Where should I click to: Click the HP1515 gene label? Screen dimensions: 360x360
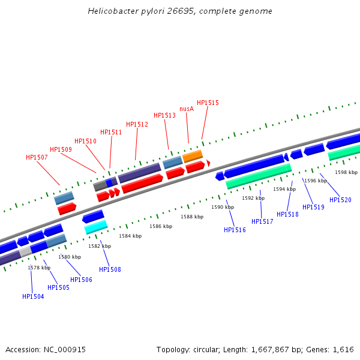208,103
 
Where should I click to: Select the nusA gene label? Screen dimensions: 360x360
187,109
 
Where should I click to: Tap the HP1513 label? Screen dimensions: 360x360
164,115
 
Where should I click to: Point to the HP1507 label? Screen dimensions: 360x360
37,157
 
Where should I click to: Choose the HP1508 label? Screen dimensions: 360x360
110,269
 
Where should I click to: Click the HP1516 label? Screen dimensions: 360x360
235,230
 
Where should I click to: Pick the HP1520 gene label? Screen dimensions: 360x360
340,200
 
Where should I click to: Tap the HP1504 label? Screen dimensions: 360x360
33,296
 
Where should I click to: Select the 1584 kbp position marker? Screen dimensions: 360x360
130,236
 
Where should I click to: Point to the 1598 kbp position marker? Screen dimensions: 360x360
346,172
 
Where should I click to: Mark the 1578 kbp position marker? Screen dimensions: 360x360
39,268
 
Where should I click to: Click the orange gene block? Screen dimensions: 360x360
193,156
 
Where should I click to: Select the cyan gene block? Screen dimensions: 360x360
96,227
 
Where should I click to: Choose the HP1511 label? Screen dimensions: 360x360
111,132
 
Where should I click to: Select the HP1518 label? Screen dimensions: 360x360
287,214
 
